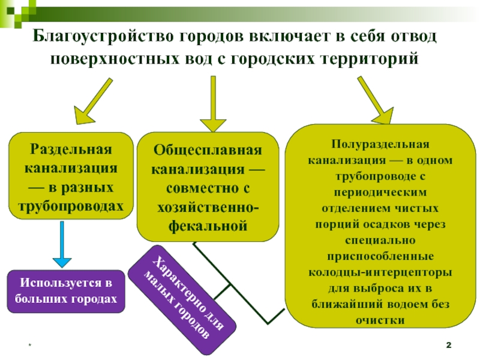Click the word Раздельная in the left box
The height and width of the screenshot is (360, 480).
point(71,149)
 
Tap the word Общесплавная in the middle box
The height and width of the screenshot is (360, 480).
point(208,149)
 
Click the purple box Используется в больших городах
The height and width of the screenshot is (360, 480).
point(66,291)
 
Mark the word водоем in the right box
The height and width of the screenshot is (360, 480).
point(400,304)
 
